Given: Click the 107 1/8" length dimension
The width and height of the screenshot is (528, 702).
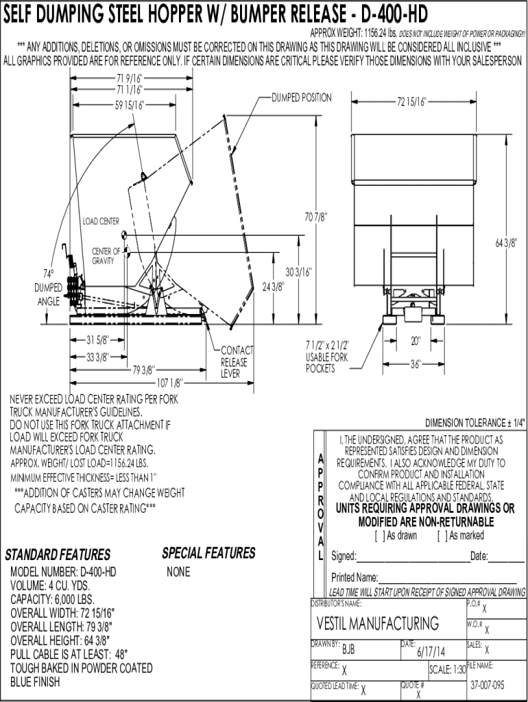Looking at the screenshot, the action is pyautogui.click(x=170, y=383).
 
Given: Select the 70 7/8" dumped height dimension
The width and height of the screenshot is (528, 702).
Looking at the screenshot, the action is pyautogui.click(x=316, y=217).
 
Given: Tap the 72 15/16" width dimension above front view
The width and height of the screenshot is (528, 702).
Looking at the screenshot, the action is pyautogui.click(x=411, y=102).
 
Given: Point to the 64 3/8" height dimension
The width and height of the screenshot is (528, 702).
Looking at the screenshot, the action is pyautogui.click(x=506, y=243).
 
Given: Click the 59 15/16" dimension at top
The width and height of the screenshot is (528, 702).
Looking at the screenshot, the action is pyautogui.click(x=130, y=105).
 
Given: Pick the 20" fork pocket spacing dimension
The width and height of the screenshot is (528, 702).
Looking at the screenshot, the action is pyautogui.click(x=416, y=341).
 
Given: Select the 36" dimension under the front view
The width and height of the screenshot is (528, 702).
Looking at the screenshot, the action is pyautogui.click(x=416, y=365).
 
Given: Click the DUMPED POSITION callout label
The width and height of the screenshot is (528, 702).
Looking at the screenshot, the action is pyautogui.click(x=302, y=97).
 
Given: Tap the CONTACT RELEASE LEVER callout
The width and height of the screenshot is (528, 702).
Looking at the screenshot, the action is pyautogui.click(x=237, y=362).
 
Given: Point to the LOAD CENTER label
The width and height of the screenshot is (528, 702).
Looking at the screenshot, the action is pyautogui.click(x=101, y=221).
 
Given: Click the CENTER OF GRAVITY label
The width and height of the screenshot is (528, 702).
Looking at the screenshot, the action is pyautogui.click(x=106, y=256).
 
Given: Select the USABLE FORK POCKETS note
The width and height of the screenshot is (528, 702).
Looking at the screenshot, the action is pyautogui.click(x=327, y=356).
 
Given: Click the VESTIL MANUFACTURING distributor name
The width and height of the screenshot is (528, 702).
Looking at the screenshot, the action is pyautogui.click(x=378, y=623).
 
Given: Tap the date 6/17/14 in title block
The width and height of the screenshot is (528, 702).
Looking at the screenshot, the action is pyautogui.click(x=431, y=651).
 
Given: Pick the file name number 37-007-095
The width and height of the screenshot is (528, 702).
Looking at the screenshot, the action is pyautogui.click(x=488, y=685).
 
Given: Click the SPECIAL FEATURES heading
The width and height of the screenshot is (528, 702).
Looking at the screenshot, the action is pyautogui.click(x=208, y=553).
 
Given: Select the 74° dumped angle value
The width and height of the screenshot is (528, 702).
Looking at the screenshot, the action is pyautogui.click(x=48, y=274).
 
